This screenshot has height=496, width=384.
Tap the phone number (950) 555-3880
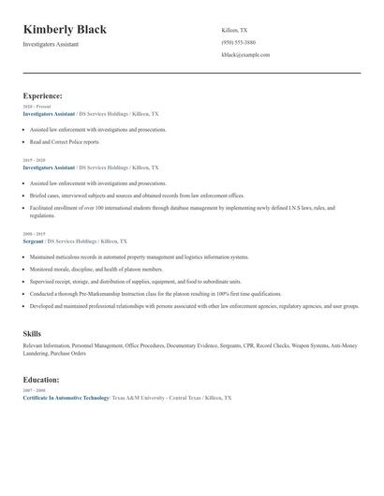coord(238,42)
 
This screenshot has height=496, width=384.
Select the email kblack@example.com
coord(245,55)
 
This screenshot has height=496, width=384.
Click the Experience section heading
coord(42,95)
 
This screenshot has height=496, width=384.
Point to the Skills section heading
coord(33,333)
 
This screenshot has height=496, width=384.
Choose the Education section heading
coord(41,380)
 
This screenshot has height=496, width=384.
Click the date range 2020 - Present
coord(37,107)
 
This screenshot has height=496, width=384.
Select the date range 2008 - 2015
coord(34,234)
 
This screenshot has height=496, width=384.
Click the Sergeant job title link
coord(35,241)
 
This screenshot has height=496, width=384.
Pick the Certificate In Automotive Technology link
coord(66,398)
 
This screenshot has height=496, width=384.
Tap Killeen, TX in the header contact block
coord(235,30)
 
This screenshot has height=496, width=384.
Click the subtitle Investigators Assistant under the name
coord(51,44)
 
